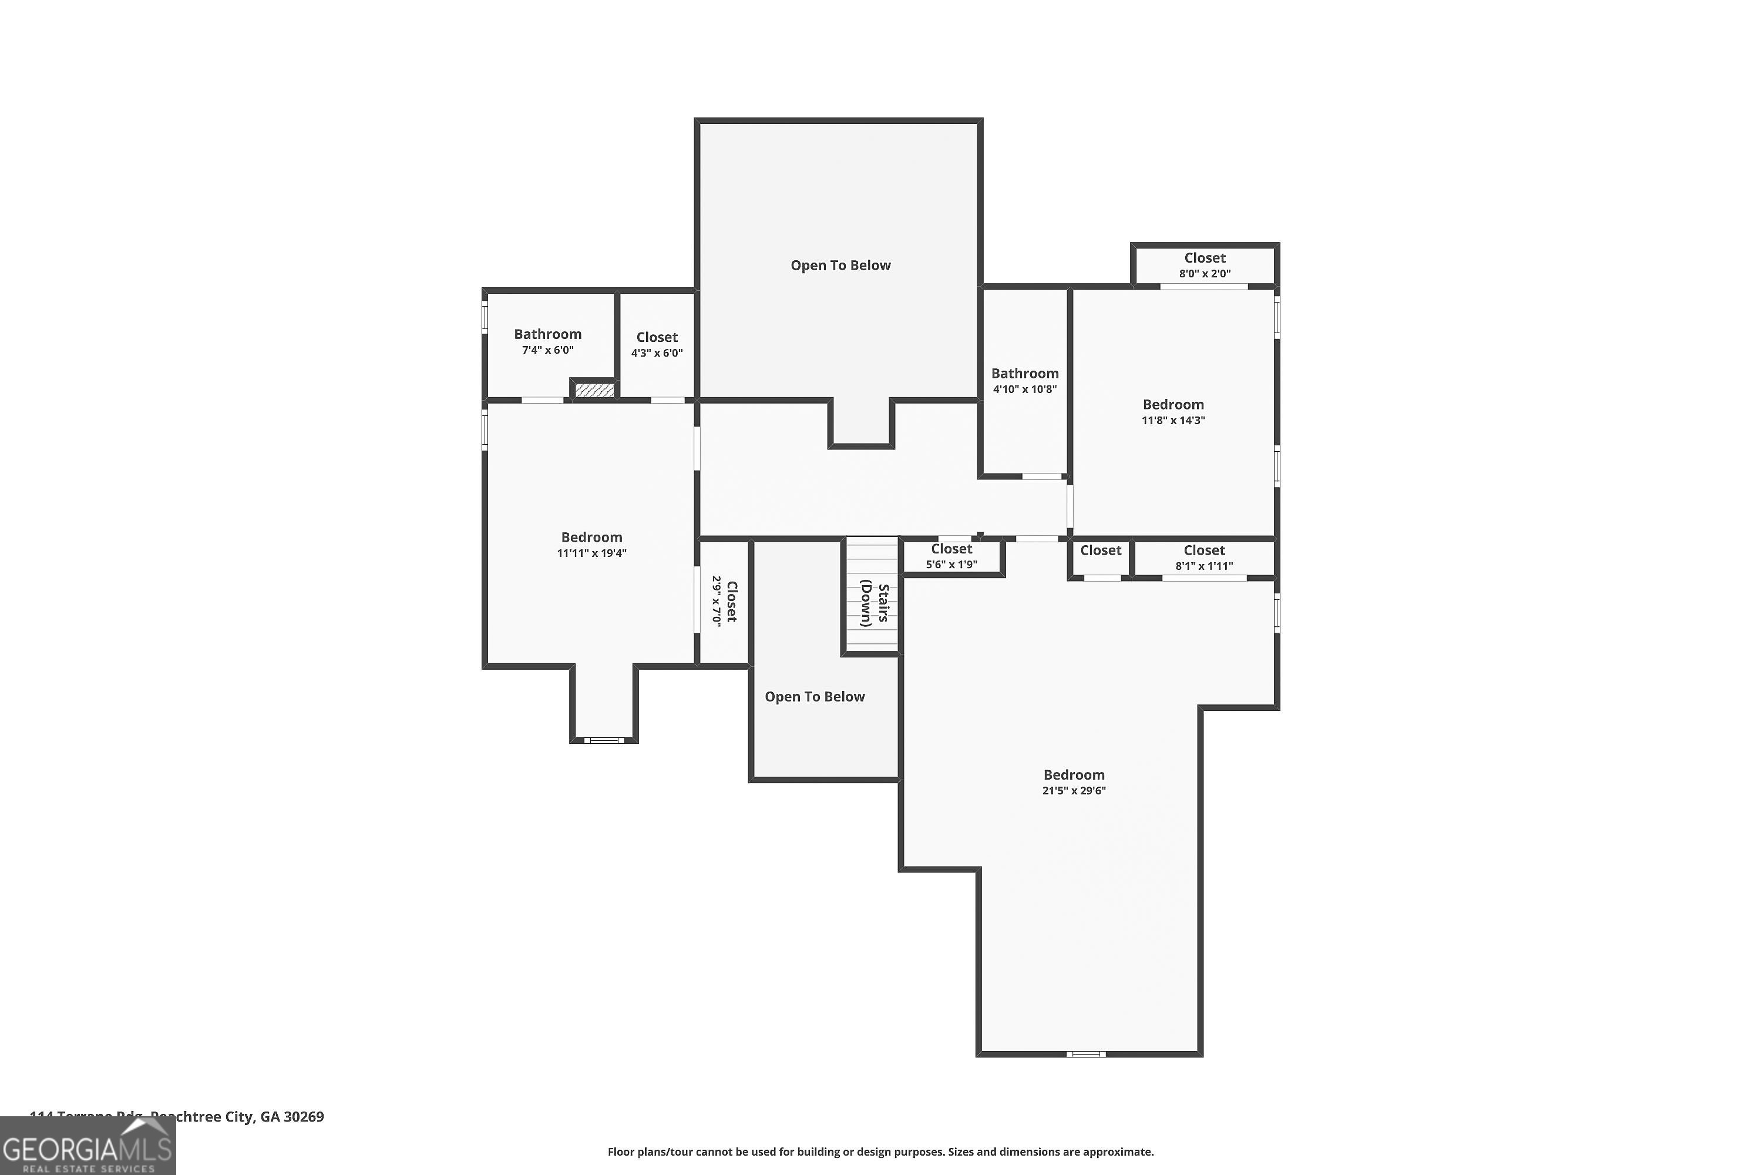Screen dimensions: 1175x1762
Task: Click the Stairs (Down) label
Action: [875, 604]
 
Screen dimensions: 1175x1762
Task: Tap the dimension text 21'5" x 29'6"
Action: [1074, 791]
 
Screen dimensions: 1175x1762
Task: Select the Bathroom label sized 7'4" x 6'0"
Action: [547, 334]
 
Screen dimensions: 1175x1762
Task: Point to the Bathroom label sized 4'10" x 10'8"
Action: [1024, 373]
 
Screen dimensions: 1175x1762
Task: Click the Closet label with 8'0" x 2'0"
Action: [1205, 258]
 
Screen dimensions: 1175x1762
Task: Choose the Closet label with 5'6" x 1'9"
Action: [951, 549]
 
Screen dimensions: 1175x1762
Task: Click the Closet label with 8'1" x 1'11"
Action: [1204, 550]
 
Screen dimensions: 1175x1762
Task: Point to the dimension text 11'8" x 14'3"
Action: [1172, 421]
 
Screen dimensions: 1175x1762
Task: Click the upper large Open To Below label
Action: [840, 266]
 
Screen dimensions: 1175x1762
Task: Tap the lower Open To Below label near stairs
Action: [814, 697]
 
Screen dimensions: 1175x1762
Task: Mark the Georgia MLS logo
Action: [88, 1146]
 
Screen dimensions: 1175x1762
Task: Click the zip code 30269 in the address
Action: [304, 1117]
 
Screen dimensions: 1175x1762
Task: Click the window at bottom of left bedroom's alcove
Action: [603, 740]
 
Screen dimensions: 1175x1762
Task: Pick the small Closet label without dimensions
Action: [1101, 550]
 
